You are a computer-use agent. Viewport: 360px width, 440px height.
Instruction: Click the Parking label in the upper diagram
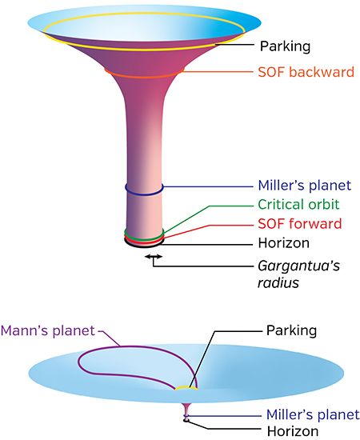285,46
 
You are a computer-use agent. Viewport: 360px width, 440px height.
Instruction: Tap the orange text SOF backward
306,72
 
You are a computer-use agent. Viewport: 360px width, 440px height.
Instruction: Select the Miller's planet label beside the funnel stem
305,186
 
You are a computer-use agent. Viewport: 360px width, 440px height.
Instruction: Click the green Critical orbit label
298,204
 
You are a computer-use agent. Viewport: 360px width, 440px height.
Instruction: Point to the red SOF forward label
300,224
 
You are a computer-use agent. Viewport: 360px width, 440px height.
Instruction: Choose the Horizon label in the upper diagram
284,243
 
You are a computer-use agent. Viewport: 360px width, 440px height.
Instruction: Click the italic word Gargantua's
299,266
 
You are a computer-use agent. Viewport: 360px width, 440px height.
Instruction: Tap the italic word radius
278,283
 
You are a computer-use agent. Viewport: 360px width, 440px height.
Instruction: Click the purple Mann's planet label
47,330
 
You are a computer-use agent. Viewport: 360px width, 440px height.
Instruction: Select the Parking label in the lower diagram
291,330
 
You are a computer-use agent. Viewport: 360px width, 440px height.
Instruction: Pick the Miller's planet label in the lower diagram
313,414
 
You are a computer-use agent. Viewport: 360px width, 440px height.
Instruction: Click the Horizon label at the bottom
293,431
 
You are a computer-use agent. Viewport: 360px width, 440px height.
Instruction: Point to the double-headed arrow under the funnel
154,256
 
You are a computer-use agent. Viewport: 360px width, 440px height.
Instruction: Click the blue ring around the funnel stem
144,194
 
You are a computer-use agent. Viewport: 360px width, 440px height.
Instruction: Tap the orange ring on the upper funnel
144,77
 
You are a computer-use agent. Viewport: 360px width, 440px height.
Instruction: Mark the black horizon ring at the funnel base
143,246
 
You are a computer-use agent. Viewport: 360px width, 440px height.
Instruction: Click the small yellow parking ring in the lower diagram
186,387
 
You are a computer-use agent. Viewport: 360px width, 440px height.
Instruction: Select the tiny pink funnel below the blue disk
186,411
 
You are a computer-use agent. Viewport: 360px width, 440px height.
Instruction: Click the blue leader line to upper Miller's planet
208,186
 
